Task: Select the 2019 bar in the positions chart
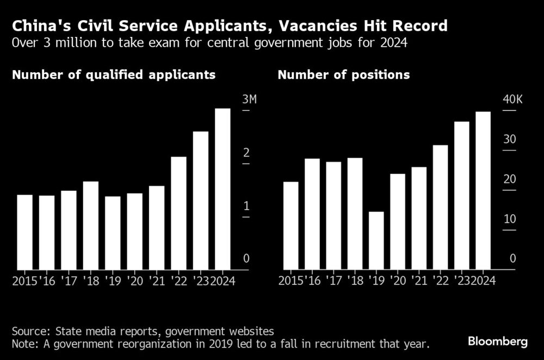(376, 240)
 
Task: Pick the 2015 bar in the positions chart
(291, 225)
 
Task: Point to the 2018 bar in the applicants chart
(91, 225)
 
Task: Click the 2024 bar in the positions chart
(483, 190)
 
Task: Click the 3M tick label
(250, 100)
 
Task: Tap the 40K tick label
(512, 100)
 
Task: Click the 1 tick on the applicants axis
(246, 206)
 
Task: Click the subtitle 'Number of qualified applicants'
(114, 75)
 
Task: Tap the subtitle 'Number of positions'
(344, 75)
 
